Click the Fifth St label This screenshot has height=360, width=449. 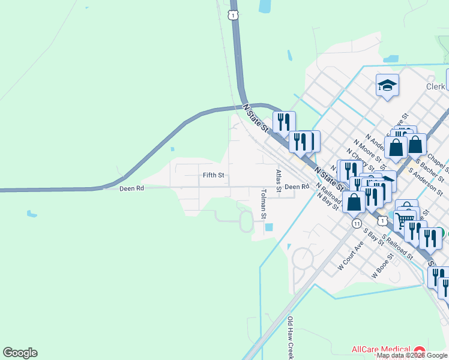pos(213,175)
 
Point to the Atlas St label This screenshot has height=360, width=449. pos(279,181)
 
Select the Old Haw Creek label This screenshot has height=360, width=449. pos(291,338)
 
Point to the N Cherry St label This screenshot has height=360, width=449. pos(359,159)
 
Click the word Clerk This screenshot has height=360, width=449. pos(435,86)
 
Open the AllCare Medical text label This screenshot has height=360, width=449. pos(381,350)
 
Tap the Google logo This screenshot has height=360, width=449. pos(20,353)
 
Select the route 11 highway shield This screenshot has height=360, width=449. pos(357,223)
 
